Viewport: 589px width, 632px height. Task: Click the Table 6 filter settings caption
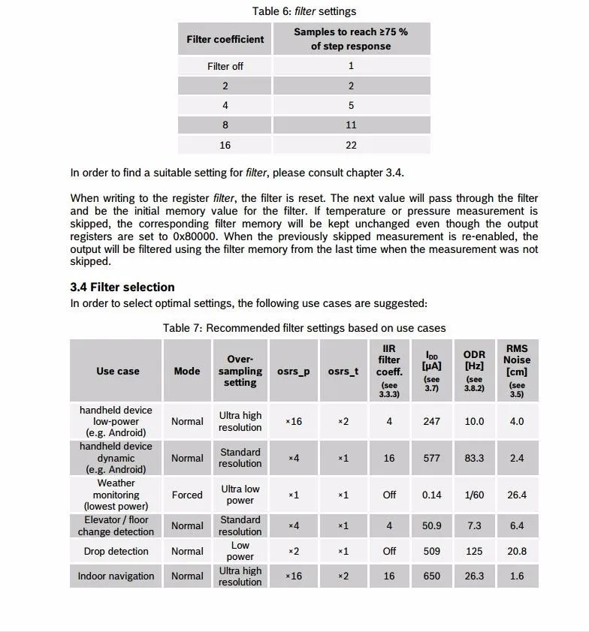click(x=304, y=11)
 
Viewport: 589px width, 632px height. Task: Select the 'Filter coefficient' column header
click(x=225, y=39)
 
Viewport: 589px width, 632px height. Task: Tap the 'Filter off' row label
click(x=225, y=66)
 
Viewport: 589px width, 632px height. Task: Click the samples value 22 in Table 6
click(x=351, y=145)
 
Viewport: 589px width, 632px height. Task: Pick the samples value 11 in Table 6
click(x=351, y=125)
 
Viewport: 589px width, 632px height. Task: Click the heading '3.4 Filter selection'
click(x=122, y=287)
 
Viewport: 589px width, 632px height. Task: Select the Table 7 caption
click(x=304, y=328)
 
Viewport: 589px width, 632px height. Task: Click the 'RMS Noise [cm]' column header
click(x=517, y=370)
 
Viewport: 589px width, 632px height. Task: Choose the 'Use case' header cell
click(x=118, y=371)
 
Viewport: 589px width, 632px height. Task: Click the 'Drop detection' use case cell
click(x=116, y=551)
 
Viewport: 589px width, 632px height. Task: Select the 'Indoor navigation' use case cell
click(x=116, y=576)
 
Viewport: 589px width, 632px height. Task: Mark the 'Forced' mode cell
click(x=187, y=495)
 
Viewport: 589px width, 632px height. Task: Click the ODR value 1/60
click(x=474, y=495)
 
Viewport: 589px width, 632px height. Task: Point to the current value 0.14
click(x=432, y=495)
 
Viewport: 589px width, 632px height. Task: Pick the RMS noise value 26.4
click(x=517, y=495)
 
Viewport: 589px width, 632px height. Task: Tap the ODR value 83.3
click(x=474, y=458)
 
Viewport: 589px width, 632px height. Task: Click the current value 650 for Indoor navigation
click(x=432, y=576)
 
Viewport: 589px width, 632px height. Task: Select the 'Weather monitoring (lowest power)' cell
click(x=116, y=495)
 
